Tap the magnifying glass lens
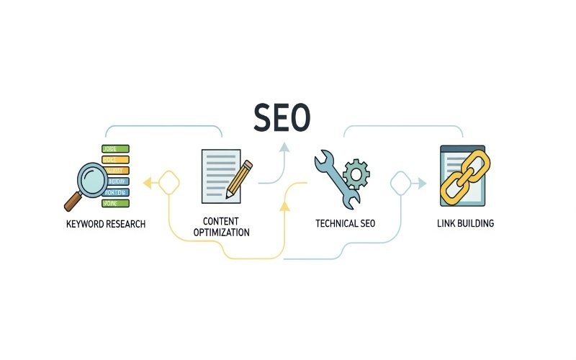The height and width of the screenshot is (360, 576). pyautogui.click(x=91, y=176)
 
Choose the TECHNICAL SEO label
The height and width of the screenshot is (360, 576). pyautogui.click(x=346, y=223)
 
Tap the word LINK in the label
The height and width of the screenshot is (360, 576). pyautogui.click(x=447, y=223)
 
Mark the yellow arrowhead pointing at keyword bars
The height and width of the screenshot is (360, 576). pyautogui.click(x=148, y=183)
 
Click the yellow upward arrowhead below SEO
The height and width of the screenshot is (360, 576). pyautogui.click(x=285, y=207)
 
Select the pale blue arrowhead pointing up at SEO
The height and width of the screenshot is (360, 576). pyautogui.click(x=285, y=148)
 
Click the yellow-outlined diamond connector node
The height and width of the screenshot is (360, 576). pyautogui.click(x=168, y=182)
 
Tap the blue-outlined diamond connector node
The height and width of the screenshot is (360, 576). pyautogui.click(x=400, y=184)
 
